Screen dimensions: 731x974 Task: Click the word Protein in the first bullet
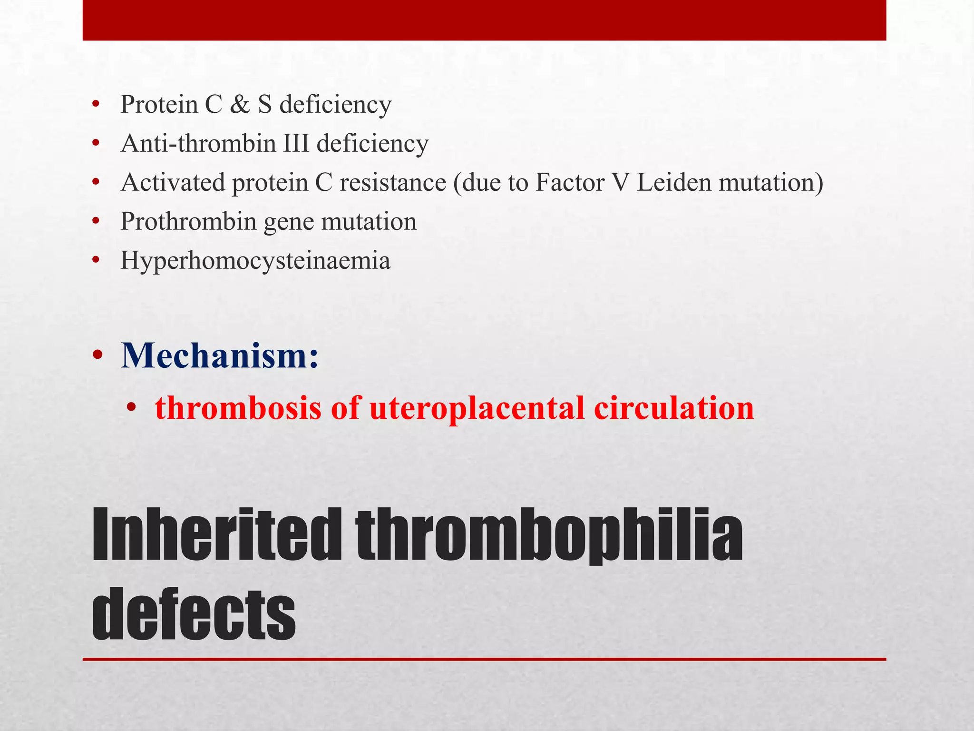tap(159, 104)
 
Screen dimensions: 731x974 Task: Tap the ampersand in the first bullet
tap(240, 104)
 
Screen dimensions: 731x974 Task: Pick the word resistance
tap(393, 182)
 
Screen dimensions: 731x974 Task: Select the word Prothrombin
tap(188, 221)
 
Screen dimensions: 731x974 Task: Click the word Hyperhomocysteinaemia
tap(255, 261)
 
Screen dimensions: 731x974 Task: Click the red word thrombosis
tap(238, 408)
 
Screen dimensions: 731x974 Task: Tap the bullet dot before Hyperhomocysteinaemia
tap(97, 261)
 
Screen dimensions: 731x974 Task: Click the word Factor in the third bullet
tap(569, 182)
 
